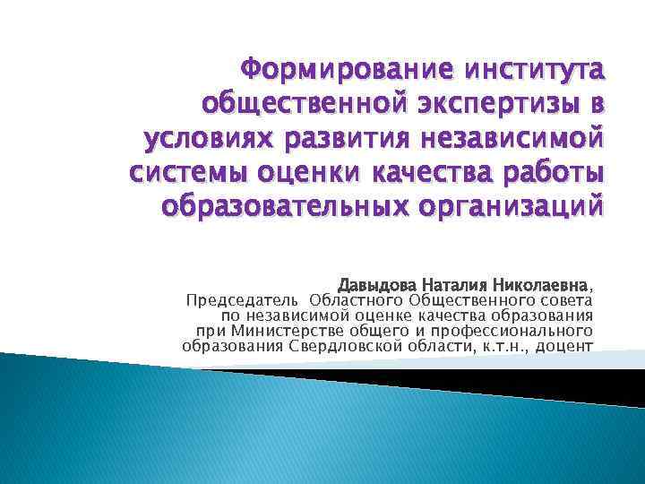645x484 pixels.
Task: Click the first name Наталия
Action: pyautogui.click(x=452, y=284)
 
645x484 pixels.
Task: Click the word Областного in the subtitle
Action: pyautogui.click(x=356, y=299)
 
